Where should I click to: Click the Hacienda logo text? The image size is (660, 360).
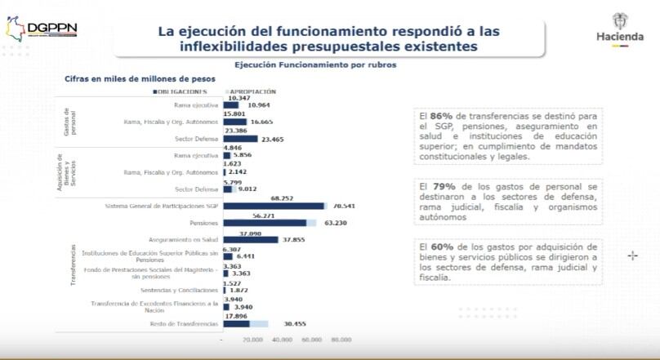[x=619, y=37]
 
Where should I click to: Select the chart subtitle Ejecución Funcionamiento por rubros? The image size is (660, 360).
[x=315, y=64]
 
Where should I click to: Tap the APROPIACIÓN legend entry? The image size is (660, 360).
[x=252, y=92]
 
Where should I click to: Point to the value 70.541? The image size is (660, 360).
[x=342, y=206]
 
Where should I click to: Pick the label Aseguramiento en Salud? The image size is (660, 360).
[x=183, y=240]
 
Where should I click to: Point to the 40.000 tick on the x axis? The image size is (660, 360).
[x=282, y=339]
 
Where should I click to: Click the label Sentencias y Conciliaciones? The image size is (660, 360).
[x=180, y=290]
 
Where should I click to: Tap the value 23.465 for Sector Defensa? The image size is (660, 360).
[x=275, y=139]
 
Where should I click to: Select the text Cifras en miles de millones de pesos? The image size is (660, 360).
[x=140, y=79]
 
